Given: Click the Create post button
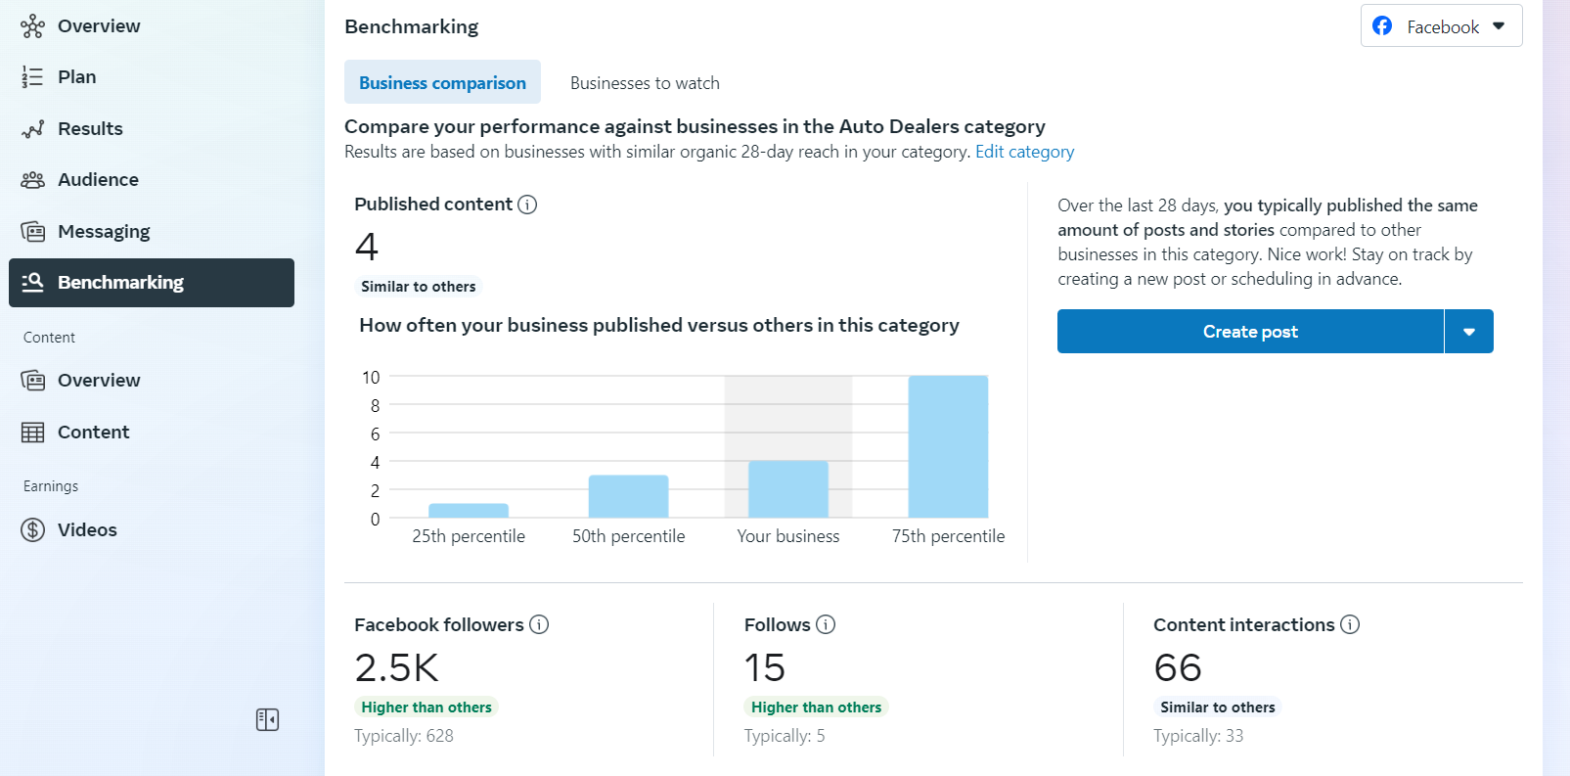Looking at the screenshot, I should click(1250, 332).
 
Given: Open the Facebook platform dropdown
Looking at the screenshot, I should click(1441, 26).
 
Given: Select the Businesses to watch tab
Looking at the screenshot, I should click(645, 83).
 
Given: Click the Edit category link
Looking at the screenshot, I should click(1024, 152).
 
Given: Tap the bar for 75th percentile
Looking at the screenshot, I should click(948, 446).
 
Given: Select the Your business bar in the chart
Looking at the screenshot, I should click(788, 489).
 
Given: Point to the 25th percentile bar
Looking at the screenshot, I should click(469, 510).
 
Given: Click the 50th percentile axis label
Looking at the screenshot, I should click(628, 536).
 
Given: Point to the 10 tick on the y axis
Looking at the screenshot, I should click(371, 378).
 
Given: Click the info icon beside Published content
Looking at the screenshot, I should click(527, 205).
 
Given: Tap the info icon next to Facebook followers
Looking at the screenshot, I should click(539, 624).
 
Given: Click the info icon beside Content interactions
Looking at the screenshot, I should click(1350, 624).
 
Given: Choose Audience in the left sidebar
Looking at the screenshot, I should click(98, 180).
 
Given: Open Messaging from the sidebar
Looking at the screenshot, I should click(104, 232).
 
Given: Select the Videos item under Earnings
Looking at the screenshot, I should click(87, 530).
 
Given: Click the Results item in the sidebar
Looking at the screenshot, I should click(90, 129).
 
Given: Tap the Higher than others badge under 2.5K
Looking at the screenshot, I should click(426, 708).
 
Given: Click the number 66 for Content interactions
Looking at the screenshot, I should click(1178, 667).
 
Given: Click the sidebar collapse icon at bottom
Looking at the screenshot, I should click(267, 720).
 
